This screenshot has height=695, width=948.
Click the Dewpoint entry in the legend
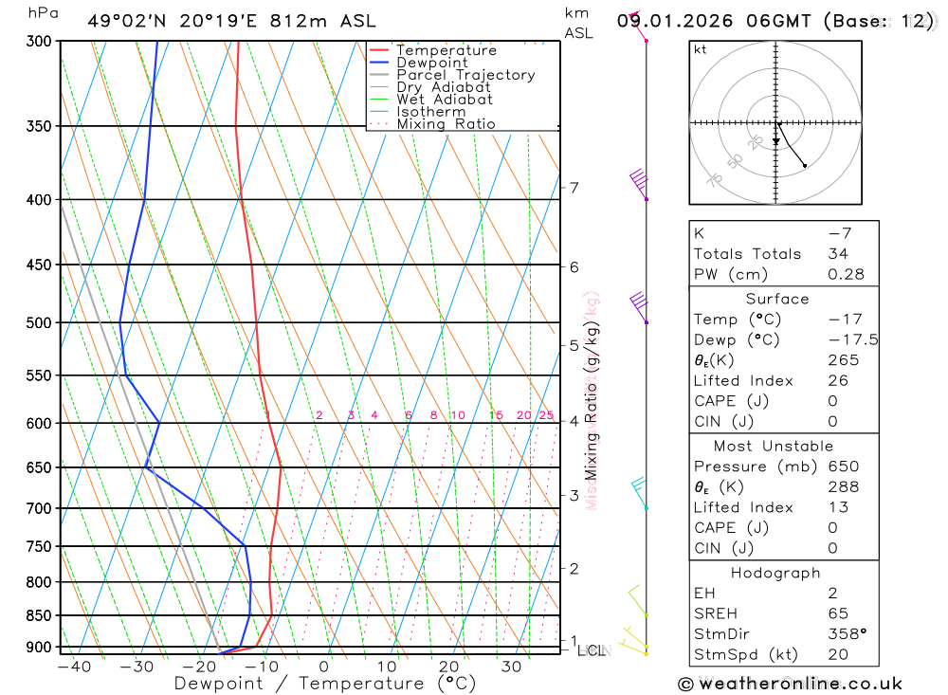(x=431, y=63)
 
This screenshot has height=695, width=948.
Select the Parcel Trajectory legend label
(x=465, y=75)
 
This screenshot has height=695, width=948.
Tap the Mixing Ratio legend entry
(x=446, y=124)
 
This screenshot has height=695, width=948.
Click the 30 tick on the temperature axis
(x=511, y=667)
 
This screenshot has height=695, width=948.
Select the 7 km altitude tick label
(x=574, y=187)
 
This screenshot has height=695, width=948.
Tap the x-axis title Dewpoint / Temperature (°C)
(x=325, y=684)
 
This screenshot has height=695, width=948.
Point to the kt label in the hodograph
(x=701, y=49)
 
